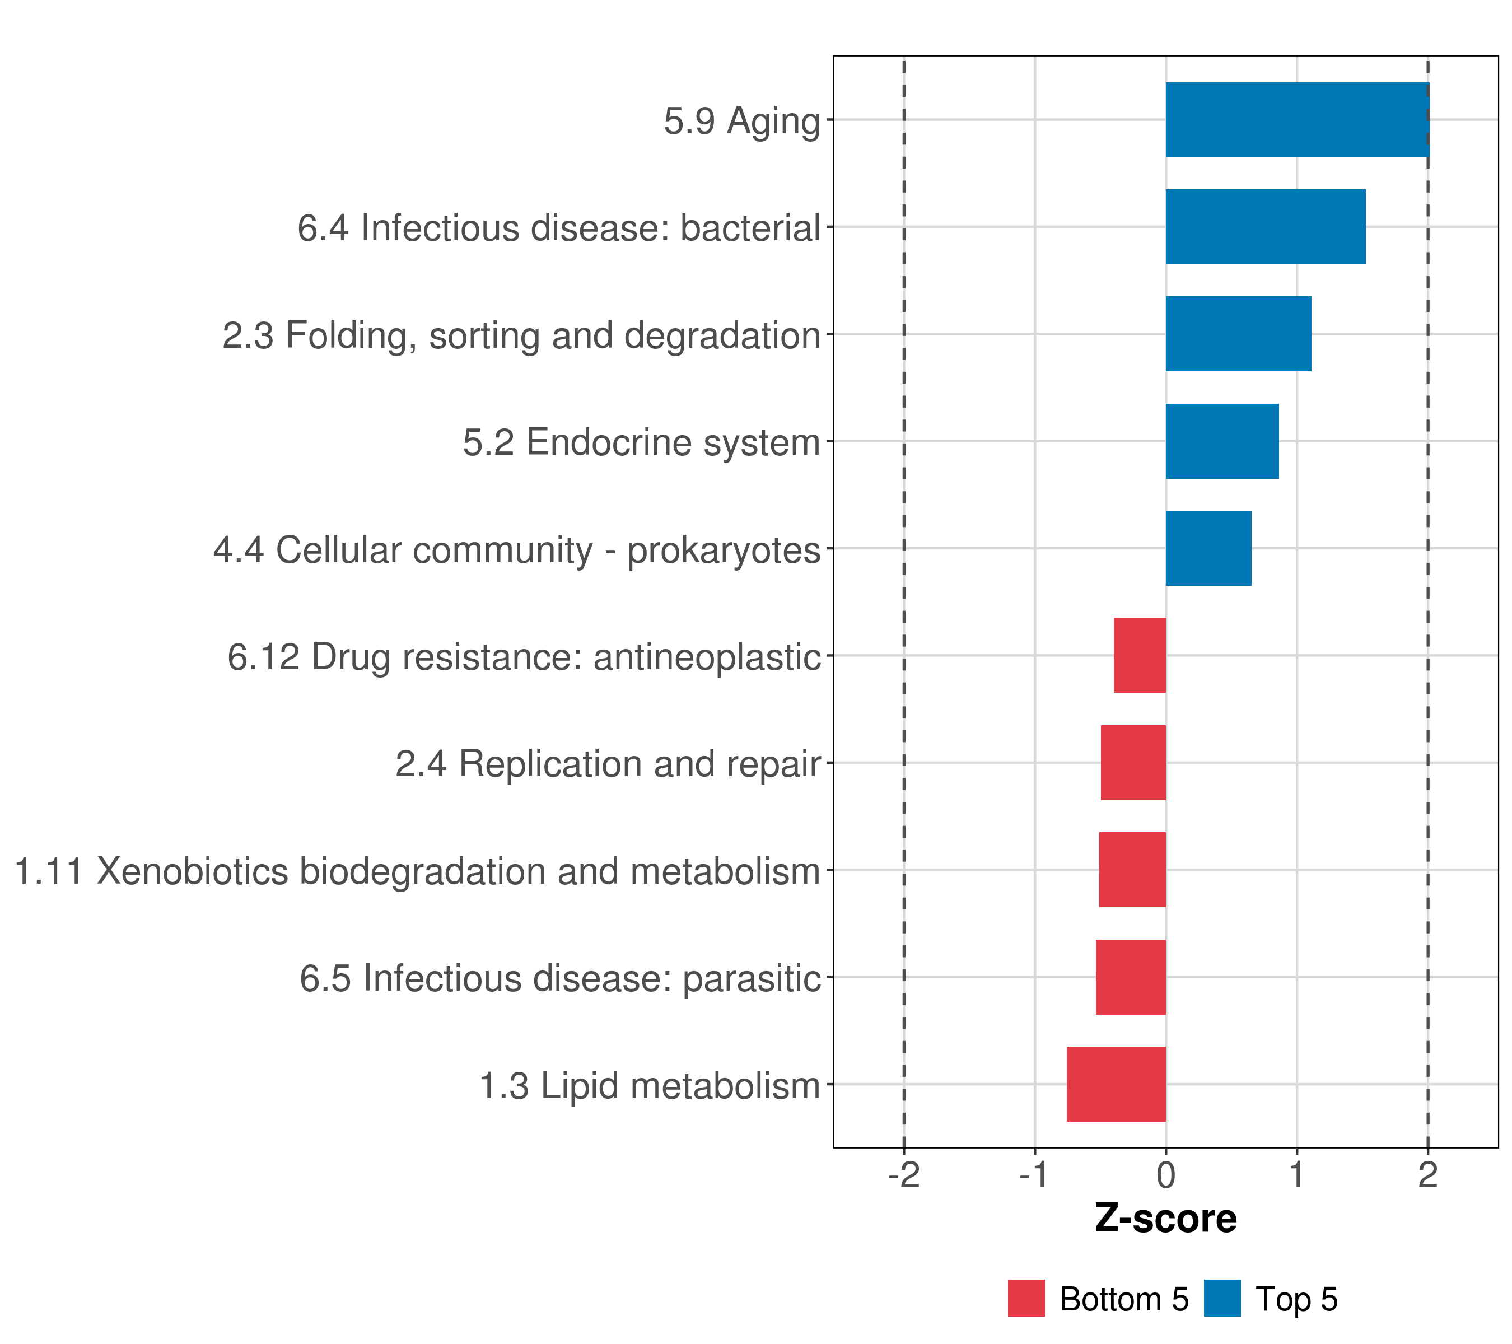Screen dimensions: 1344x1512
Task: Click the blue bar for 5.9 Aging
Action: [1297, 120]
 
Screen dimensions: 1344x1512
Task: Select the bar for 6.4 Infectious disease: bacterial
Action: [1265, 227]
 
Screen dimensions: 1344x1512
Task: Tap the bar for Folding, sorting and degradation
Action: [1238, 334]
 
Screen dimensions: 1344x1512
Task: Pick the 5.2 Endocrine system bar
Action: [1221, 442]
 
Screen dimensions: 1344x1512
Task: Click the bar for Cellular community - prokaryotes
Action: [1208, 548]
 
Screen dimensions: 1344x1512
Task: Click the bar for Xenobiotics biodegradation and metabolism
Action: [1132, 870]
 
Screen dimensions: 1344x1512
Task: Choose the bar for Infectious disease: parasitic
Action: [1130, 977]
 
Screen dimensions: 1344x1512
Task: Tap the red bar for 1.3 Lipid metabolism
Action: [1116, 1084]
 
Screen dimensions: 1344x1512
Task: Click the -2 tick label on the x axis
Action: [904, 1175]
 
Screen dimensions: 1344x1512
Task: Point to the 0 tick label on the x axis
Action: [1166, 1175]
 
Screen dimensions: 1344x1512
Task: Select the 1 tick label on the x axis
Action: [1297, 1175]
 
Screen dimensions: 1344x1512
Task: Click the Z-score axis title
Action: [1166, 1220]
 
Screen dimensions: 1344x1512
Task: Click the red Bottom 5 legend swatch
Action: [1026, 1299]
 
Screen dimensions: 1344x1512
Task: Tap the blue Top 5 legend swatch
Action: [1222, 1299]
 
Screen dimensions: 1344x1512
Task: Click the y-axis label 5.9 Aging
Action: [742, 122]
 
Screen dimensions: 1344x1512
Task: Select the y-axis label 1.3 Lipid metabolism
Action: [650, 1086]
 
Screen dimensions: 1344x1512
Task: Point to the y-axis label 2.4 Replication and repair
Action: [608, 764]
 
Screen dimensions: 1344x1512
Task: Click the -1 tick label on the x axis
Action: [1034, 1175]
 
